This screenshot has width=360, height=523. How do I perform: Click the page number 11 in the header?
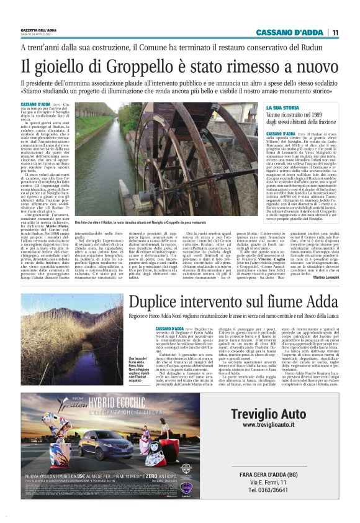point(336,32)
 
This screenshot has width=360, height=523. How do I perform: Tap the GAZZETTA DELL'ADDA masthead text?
point(39,29)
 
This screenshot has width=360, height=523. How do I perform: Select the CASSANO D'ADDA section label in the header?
point(295,32)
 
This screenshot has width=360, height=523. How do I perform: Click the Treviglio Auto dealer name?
point(274,414)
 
